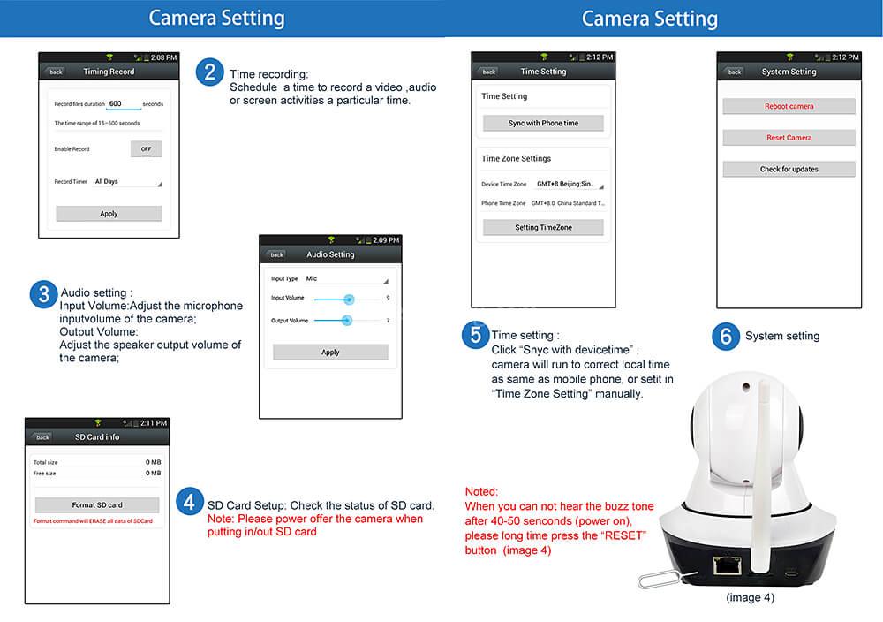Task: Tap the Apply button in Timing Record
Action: [x=109, y=214]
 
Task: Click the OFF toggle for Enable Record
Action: [x=146, y=148]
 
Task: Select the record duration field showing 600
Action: [x=123, y=104]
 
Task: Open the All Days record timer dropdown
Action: [x=128, y=182]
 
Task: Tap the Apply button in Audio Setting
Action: [x=330, y=352]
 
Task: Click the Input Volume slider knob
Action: [x=349, y=300]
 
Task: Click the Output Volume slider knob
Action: [x=347, y=320]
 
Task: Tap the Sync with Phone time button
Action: [x=543, y=124]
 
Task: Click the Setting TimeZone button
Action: [x=543, y=227]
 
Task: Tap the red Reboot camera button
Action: [x=789, y=107]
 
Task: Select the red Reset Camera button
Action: [x=789, y=138]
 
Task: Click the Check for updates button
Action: [x=789, y=169]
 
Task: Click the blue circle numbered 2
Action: [x=209, y=72]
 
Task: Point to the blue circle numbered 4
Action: [x=189, y=502]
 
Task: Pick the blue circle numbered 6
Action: [x=726, y=336]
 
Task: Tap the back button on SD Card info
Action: [x=42, y=437]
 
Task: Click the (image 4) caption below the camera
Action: [x=750, y=598]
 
